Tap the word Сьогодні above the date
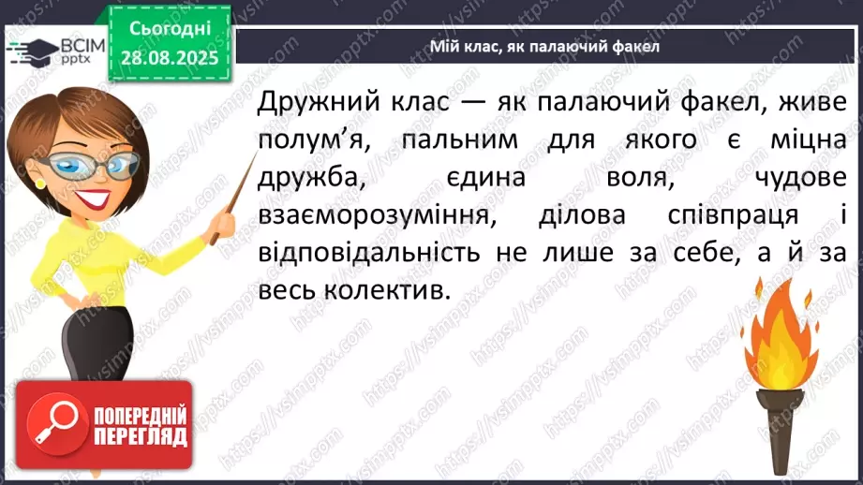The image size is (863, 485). tap(171, 29)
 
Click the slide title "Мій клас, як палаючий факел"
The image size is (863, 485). tap(543, 47)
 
